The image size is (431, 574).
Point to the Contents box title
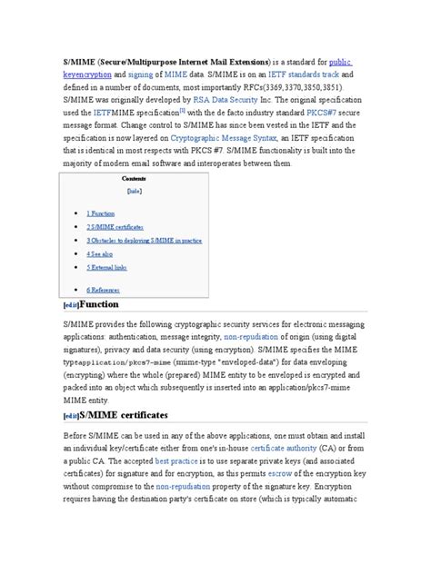134,179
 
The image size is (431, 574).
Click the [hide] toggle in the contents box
134,192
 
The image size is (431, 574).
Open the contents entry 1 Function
101,212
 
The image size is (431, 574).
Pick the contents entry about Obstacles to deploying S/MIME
144,241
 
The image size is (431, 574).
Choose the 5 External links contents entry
107,269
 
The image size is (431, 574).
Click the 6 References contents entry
105,288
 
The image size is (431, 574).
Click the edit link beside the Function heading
70,306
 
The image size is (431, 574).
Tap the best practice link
176,460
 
